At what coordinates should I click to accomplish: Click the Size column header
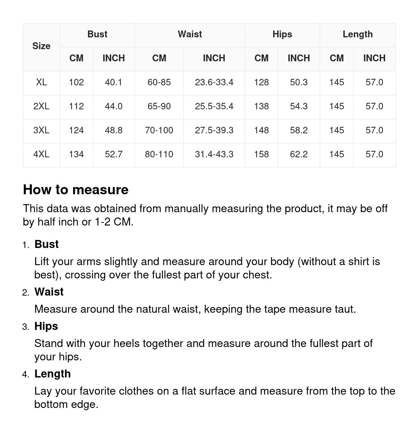tap(41, 46)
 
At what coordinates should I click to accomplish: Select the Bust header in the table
tap(97, 34)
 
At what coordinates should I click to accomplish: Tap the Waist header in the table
tap(190, 34)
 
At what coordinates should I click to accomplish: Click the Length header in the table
tap(357, 34)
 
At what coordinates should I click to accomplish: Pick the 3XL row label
tap(41, 130)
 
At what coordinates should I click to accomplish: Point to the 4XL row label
tap(41, 154)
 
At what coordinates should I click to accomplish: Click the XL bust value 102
tap(76, 82)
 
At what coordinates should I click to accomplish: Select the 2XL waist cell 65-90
tap(159, 106)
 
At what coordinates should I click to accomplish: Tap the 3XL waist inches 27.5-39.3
tap(214, 130)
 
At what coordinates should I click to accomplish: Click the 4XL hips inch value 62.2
tap(299, 154)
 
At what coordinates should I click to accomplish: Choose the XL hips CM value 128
tap(261, 82)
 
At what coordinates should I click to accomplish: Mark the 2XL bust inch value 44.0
tap(114, 106)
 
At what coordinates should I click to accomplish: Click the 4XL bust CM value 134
tap(76, 154)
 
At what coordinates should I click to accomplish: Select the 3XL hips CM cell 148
tap(261, 130)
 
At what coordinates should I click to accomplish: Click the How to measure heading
tap(76, 190)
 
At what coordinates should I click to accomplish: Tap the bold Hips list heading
tap(46, 326)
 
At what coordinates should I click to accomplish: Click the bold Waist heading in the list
tap(49, 292)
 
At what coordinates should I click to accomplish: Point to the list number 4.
tap(25, 374)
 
